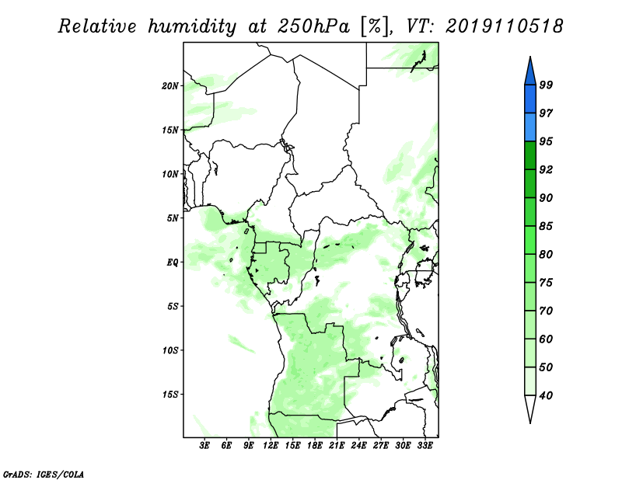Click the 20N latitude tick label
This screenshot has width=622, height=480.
tap(169, 85)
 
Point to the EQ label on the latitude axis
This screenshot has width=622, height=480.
tap(172, 263)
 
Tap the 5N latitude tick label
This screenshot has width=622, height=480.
tap(172, 218)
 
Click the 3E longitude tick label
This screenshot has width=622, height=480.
tap(204, 445)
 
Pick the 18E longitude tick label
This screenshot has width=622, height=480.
tap(315, 445)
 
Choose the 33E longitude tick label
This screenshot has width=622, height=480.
tap(425, 445)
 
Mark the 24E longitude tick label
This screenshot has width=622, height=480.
tap(358, 445)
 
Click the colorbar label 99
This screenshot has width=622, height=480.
tap(546, 85)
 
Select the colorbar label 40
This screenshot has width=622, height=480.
tap(546, 395)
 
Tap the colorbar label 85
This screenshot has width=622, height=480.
tap(546, 226)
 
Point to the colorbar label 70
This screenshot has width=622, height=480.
tap(546, 311)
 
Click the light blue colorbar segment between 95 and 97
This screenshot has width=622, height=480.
tap(530, 127)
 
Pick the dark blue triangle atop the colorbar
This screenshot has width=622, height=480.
tap(530, 71)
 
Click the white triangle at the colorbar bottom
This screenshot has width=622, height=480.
tap(530, 409)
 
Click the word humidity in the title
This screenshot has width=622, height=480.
tap(192, 26)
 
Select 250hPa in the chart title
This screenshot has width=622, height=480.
tap(313, 26)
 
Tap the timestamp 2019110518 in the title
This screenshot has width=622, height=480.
tap(504, 26)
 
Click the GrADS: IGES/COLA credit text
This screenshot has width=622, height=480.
tap(44, 474)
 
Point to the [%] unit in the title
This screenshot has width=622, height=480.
tap(374, 27)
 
